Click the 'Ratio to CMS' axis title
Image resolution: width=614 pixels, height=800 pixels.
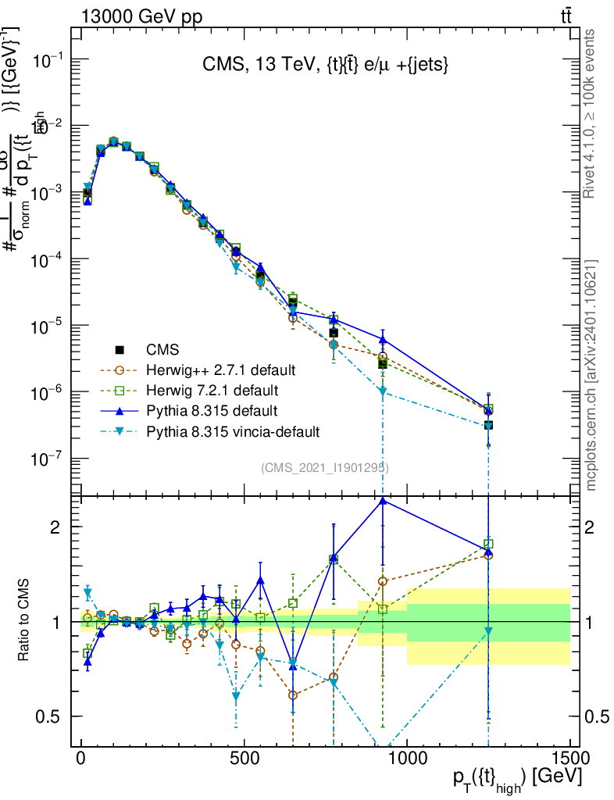[x=25, y=621]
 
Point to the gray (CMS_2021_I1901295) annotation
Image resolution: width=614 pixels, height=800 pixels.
[x=325, y=467]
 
